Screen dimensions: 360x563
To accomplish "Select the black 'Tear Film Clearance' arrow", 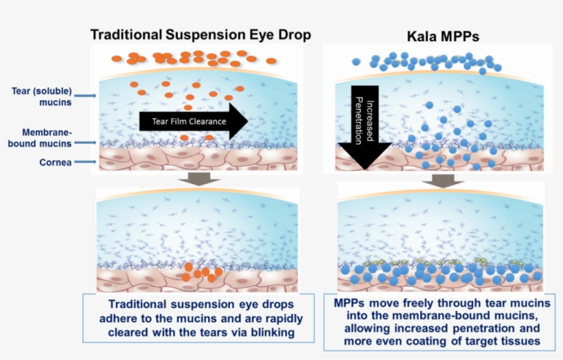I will [193, 122].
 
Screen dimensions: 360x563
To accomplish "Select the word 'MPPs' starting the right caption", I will [351, 303].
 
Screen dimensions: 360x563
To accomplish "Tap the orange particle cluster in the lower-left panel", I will [201, 272].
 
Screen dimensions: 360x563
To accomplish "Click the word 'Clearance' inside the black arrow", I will [208, 122].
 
